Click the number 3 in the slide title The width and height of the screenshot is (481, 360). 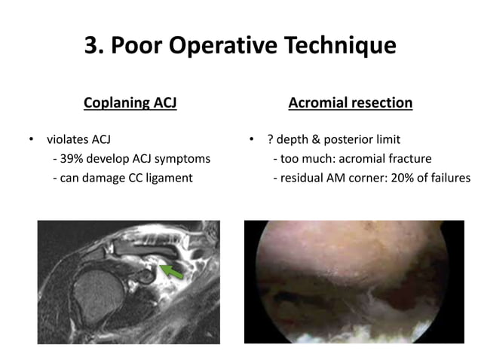coord(93,46)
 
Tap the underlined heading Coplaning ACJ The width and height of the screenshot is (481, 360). coord(130,102)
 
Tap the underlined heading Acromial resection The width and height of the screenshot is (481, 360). coord(351,102)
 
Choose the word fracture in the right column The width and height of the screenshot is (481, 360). coord(410,159)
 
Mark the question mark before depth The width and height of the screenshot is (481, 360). coord(269,139)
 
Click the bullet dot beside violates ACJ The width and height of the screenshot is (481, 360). coord(32,140)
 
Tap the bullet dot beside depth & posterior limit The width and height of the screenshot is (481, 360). coord(252,140)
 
